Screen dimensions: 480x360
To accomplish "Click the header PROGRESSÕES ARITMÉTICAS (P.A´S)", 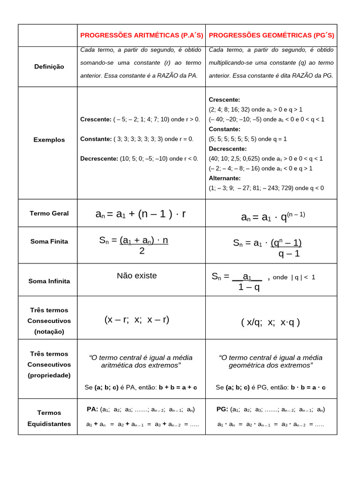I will [x=142, y=36].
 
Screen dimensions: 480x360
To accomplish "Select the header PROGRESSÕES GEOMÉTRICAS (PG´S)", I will [x=271, y=36].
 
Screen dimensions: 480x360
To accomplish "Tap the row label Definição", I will [x=49, y=67].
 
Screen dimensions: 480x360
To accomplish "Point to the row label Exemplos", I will [x=49, y=140].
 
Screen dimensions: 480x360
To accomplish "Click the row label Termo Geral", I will [x=49, y=213].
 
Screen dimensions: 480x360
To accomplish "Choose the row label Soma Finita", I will [x=49, y=241].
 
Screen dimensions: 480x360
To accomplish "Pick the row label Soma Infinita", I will [x=49, y=281].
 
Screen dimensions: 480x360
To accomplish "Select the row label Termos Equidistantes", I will [x=49, y=418].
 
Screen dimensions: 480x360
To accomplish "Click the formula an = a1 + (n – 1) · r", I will [x=141, y=214].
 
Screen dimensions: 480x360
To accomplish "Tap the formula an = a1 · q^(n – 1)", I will [x=273, y=217].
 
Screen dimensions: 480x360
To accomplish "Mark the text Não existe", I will [x=137, y=276].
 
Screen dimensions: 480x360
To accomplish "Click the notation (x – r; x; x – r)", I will [x=137, y=320].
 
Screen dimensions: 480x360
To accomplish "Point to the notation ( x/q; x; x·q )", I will [x=270, y=322].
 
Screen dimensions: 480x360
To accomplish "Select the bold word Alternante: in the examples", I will [x=225, y=178].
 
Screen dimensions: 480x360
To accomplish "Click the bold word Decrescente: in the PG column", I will [x=227, y=149].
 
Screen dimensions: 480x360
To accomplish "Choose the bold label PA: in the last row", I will [x=92, y=409].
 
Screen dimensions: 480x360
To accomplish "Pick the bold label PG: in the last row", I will [x=222, y=409].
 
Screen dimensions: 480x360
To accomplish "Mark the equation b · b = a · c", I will [x=308, y=387].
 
